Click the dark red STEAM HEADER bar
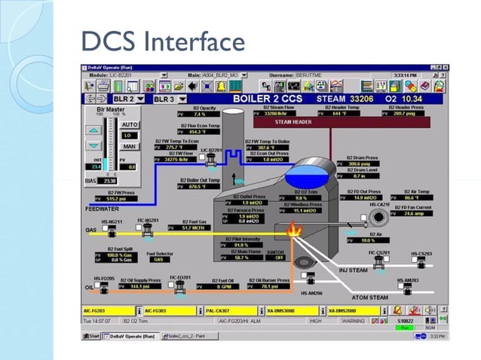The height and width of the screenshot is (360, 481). tap(293, 121)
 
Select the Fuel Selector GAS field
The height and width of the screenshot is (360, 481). tap(159, 260)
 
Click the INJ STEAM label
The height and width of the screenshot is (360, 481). tap(352, 270)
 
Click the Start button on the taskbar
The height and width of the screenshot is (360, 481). tap(92, 336)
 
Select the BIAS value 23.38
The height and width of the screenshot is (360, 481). tap(109, 181)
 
